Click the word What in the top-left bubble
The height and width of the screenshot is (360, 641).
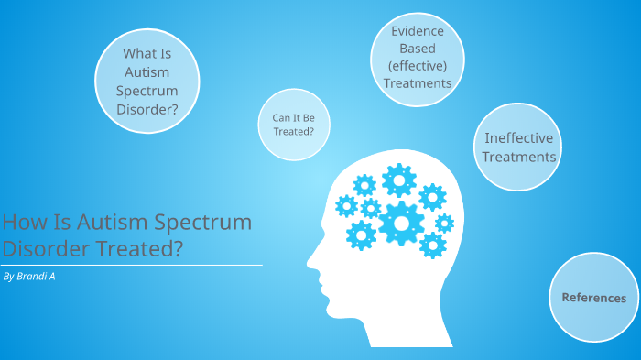(136, 53)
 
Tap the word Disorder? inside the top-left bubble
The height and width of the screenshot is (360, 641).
(147, 111)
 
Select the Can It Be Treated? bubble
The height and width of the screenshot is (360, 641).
(293, 124)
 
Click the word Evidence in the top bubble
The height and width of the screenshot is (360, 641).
(418, 30)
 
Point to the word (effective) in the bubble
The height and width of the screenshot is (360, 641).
(418, 65)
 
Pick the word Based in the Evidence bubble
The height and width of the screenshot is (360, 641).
(418, 48)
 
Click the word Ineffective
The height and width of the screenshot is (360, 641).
(519, 138)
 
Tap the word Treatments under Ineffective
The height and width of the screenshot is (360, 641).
(519, 157)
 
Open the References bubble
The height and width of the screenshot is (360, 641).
(593, 298)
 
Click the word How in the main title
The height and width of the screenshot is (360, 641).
(19, 222)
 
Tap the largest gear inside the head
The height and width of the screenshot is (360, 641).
(401, 223)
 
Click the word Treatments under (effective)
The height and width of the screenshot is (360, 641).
(418, 83)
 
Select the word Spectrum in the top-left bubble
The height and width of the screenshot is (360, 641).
(147, 92)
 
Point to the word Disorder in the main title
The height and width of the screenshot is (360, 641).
(42, 247)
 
